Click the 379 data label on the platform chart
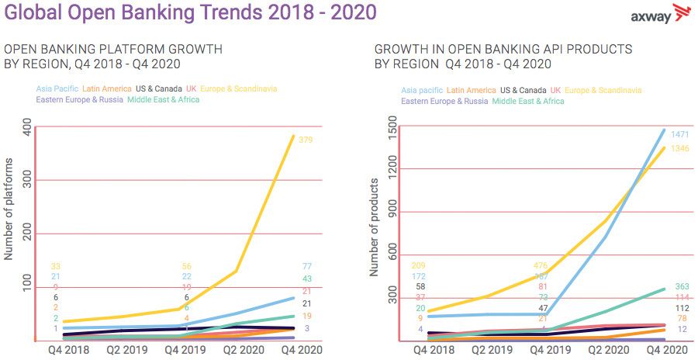point(308,140)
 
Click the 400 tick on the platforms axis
point(28,127)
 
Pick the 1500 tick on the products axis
point(392,125)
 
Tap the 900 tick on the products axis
point(392,212)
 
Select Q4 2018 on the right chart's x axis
point(434,350)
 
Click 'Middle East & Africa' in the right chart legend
point(528,101)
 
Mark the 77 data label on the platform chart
point(307,267)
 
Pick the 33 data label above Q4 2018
point(56,267)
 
